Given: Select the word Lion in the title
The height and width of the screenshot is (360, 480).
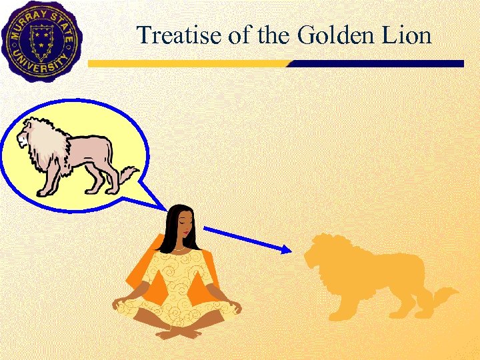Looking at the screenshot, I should click(x=407, y=35).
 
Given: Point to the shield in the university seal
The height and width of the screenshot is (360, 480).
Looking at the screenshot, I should click(x=41, y=37).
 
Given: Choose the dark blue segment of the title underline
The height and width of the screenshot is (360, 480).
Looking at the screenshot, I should click(x=373, y=64).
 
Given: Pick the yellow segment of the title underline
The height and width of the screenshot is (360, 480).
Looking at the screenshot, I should click(x=187, y=64).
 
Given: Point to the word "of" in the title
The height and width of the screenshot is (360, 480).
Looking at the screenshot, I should click(x=237, y=35).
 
